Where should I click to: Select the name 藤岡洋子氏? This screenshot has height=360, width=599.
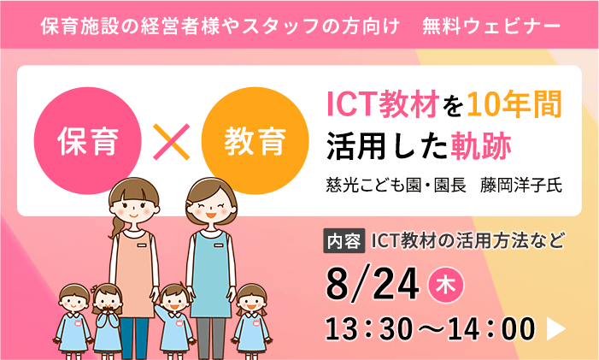pyautogui.click(x=520, y=185)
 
